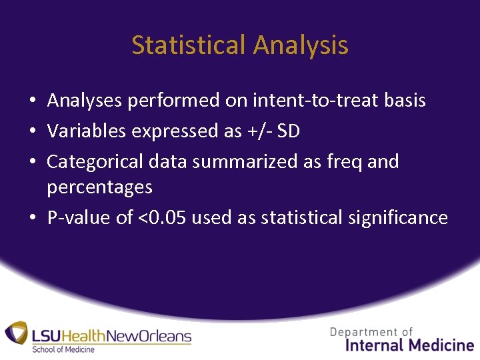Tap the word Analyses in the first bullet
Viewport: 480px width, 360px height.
point(85,101)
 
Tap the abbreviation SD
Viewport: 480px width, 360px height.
point(288,131)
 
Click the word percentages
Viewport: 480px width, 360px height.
point(99,188)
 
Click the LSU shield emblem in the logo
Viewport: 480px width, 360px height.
point(16,334)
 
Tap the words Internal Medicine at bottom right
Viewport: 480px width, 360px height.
point(409,345)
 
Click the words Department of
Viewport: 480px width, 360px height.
point(371,331)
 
